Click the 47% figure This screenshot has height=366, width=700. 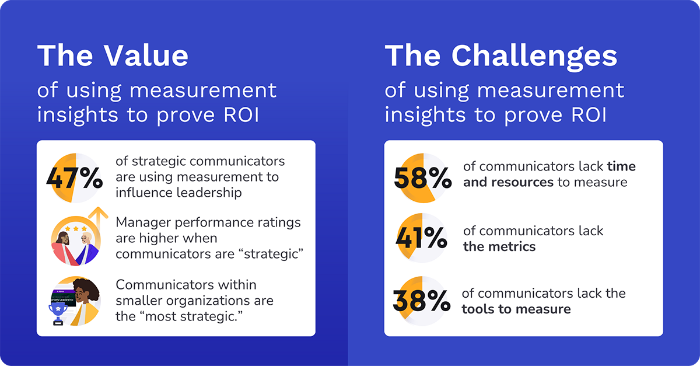pos(74,178)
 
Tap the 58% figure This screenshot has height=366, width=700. pos(422,177)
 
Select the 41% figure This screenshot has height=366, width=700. pos(421,238)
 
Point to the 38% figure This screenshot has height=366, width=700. pos(421,301)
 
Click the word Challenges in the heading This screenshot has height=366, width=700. pos(534,56)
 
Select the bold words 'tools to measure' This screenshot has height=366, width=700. pos(516,309)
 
